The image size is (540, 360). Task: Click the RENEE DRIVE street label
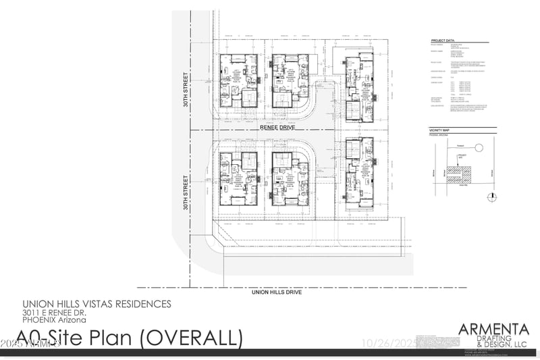[278, 126]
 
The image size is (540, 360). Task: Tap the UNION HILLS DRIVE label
[276, 292]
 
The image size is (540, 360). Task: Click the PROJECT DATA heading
[445, 40]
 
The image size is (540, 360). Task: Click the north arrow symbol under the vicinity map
[493, 197]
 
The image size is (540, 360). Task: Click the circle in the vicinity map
[479, 147]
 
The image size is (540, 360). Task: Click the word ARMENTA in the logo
[493, 329]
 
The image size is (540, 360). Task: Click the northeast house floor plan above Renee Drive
[357, 91]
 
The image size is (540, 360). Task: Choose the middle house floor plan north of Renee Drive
[290, 81]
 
